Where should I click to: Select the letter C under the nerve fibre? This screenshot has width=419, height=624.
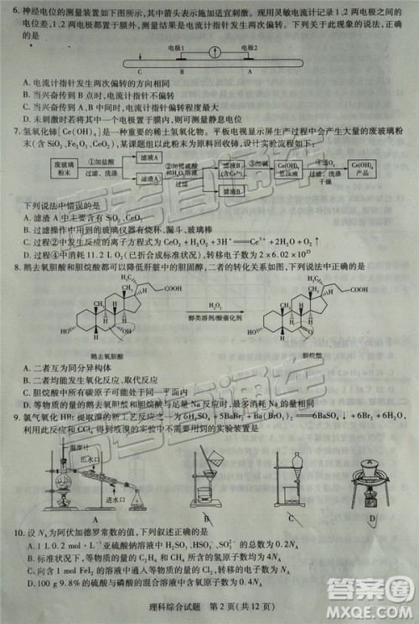(128, 72)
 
